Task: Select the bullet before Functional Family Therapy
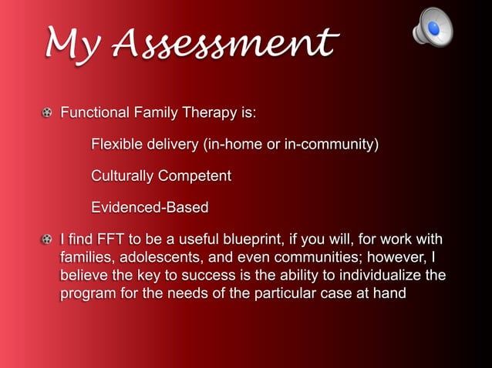[48, 114]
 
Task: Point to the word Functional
[95, 114]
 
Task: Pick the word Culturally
[122, 176]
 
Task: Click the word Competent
[194, 176]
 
